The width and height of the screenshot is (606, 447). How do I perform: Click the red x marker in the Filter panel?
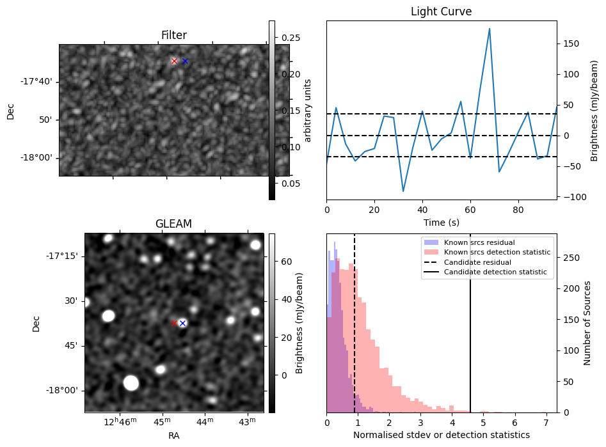[x=174, y=61]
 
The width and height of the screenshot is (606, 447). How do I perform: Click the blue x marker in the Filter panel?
[x=185, y=61]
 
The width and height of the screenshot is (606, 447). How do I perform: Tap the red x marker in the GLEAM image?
[x=174, y=323]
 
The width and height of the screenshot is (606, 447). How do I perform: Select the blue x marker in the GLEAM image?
[x=182, y=323]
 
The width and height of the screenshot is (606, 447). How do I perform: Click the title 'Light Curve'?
[x=441, y=12]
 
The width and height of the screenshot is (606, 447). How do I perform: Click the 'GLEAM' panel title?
[x=173, y=224]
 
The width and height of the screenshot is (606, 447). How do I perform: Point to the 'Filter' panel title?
[x=173, y=35]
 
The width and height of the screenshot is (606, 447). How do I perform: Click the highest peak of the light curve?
[x=490, y=28]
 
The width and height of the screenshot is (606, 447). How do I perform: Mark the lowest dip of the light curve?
[x=403, y=191]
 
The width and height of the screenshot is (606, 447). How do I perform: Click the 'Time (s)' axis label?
[x=441, y=222]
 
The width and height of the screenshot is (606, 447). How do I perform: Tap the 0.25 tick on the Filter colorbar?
[x=291, y=38]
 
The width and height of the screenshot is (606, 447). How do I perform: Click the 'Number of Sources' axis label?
[x=587, y=323]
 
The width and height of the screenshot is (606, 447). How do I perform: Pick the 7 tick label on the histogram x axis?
[x=546, y=423]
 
